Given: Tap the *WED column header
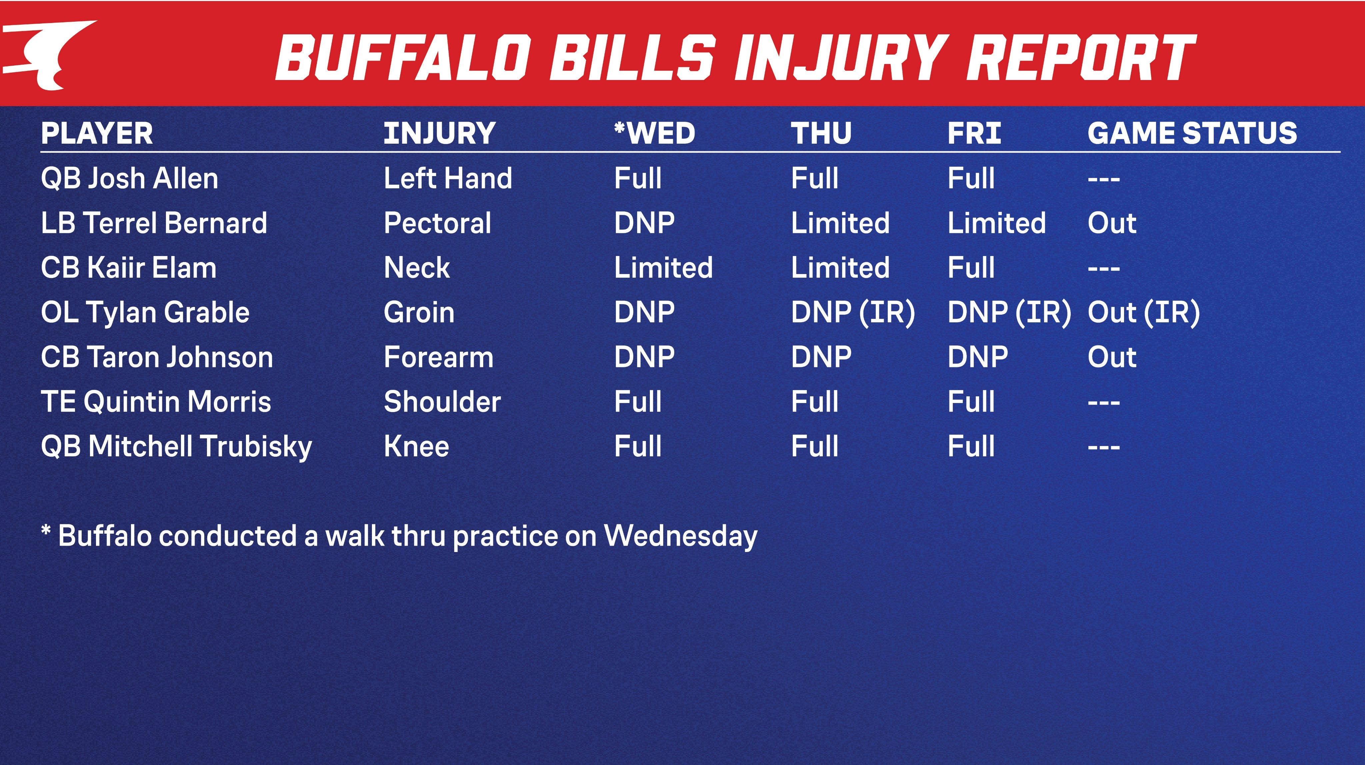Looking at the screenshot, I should (655, 133).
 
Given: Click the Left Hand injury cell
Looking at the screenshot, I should (448, 178).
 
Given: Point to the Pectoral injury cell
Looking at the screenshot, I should (437, 223).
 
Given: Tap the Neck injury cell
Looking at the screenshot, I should (417, 267).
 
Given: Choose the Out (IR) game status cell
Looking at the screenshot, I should (1143, 312).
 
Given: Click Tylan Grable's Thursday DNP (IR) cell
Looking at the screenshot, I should (852, 312).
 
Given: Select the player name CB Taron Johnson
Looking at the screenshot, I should (157, 357).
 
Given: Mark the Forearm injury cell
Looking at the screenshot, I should (438, 357).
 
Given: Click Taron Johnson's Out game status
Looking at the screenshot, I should (1112, 357).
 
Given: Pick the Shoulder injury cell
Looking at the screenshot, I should (442, 401).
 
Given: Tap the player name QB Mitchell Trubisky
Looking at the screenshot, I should (176, 446).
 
